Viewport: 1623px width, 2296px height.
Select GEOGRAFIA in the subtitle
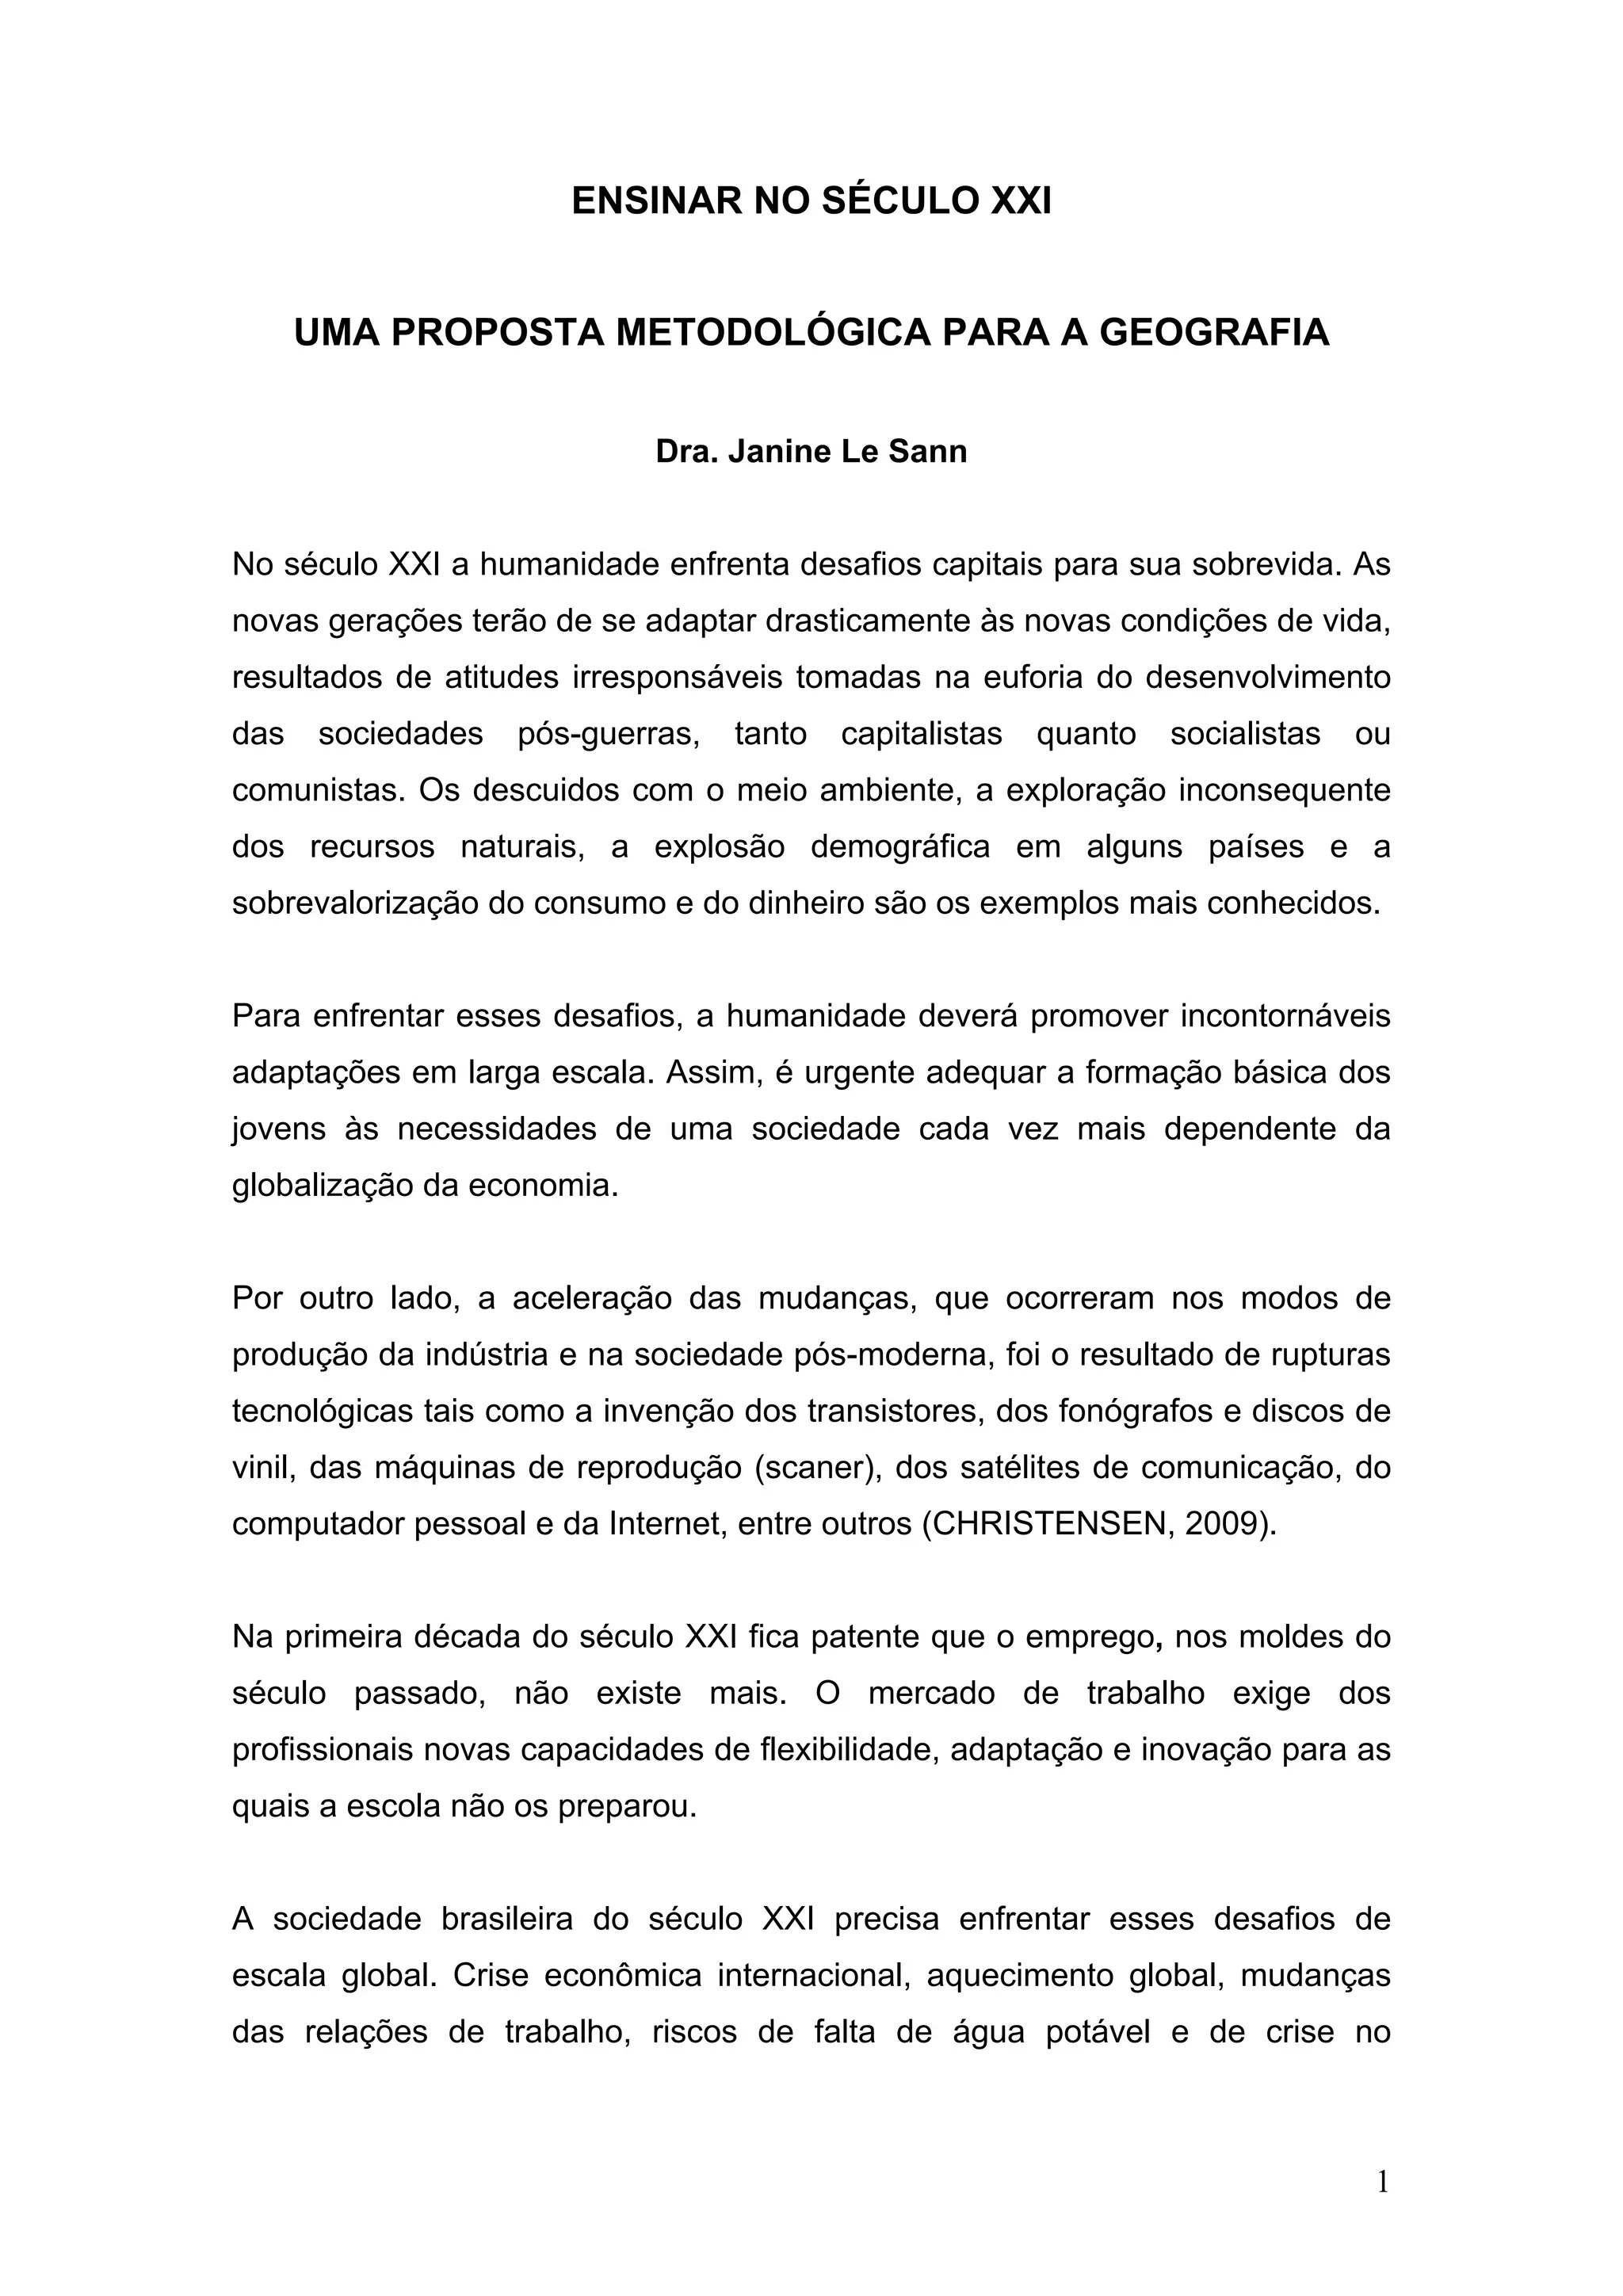(1214, 333)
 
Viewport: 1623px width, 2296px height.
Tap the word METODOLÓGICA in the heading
(772, 333)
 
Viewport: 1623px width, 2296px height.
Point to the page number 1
(1383, 2181)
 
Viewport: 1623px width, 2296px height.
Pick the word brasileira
(507, 1920)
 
